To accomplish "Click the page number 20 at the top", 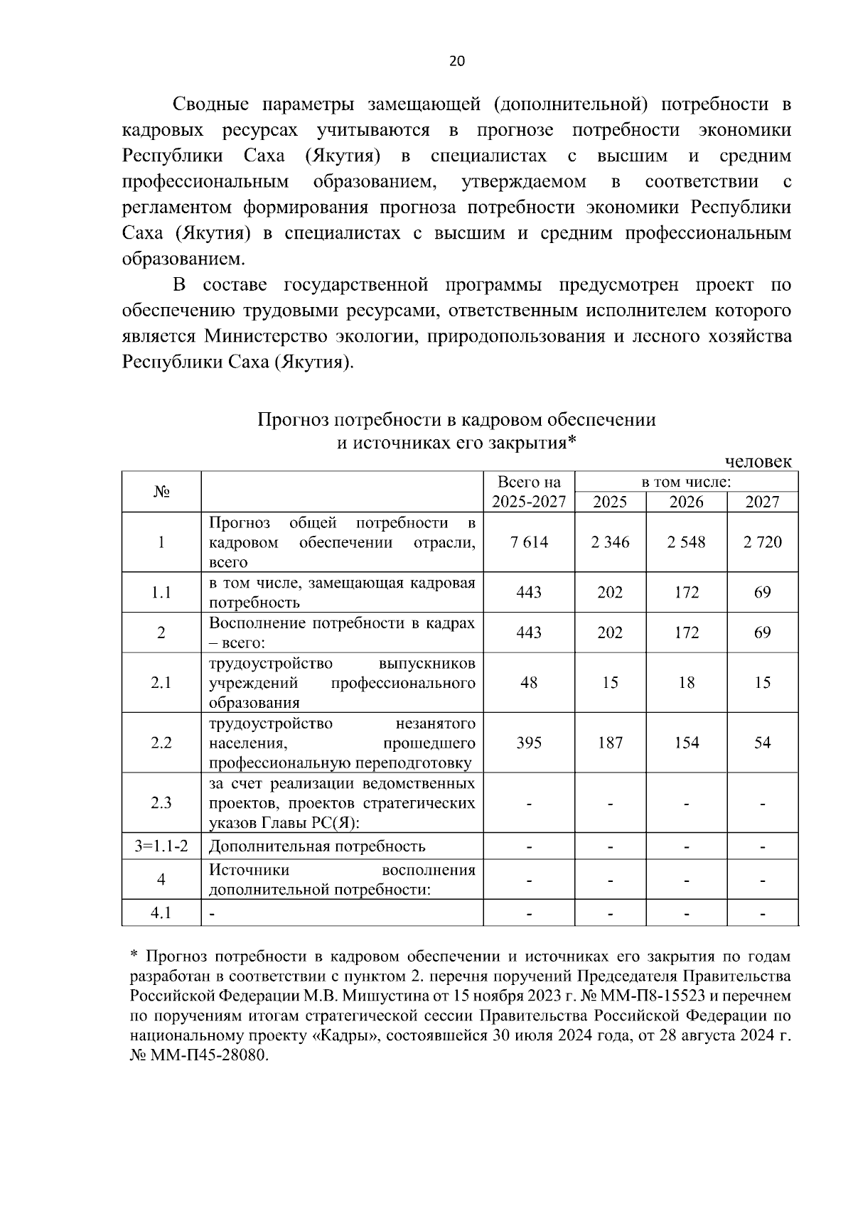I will click(456, 61).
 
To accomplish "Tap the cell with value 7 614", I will click(529, 542).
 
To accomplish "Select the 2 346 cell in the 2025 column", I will click(610, 542).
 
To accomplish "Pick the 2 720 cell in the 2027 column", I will click(762, 542).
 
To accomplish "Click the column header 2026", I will click(686, 502).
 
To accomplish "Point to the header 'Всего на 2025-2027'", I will click(529, 492).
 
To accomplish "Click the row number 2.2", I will click(161, 743).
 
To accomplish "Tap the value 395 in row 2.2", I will click(529, 743).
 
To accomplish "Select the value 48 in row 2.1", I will click(529, 682).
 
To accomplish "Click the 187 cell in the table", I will click(610, 743).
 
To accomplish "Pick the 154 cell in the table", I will click(686, 743).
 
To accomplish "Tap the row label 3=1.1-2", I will click(161, 846).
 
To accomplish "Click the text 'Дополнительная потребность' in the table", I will click(317, 846).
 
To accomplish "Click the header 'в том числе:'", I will click(686, 482).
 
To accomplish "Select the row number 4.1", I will click(161, 913).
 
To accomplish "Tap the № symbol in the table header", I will click(161, 492).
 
